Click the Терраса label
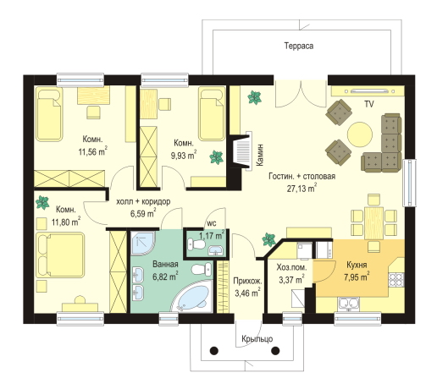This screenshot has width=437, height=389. pos(299,46)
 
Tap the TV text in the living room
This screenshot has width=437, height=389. pos(369,104)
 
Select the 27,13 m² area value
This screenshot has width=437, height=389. pos(301,188)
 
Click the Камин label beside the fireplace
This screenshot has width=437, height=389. pos(259,155)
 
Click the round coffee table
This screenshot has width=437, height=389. pos(360,134)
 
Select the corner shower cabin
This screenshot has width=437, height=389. pos(143,243)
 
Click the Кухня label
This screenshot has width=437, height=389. pos(357,265)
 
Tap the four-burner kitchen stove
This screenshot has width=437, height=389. pos(396,280)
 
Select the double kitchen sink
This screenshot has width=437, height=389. pos(349,304)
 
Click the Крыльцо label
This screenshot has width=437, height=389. pos(257,339)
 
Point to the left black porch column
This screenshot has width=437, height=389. pos(214,351)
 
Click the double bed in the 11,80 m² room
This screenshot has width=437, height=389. pos(60,255)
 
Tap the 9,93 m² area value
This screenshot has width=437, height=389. pos(184,155)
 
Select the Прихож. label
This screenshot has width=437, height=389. pos(247,281)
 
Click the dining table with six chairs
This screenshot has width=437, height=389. pos(373,222)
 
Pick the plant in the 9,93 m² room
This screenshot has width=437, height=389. pos(217,157)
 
